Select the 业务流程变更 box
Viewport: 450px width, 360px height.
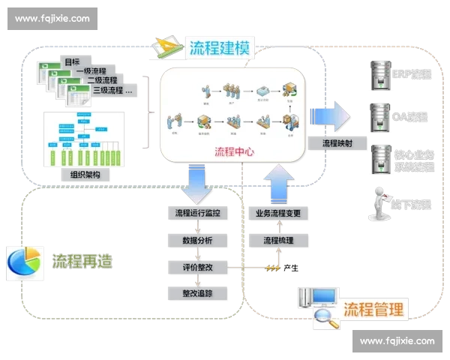[x=277, y=214]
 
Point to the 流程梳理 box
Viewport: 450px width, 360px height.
[x=277, y=241]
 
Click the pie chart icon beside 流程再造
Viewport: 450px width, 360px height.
[x=23, y=261]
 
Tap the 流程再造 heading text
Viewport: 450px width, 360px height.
[x=82, y=261]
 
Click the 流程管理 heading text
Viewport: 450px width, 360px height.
[x=373, y=309]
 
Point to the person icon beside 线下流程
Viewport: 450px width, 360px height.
[x=378, y=204]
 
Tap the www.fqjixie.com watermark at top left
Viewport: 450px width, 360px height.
[x=52, y=18]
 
